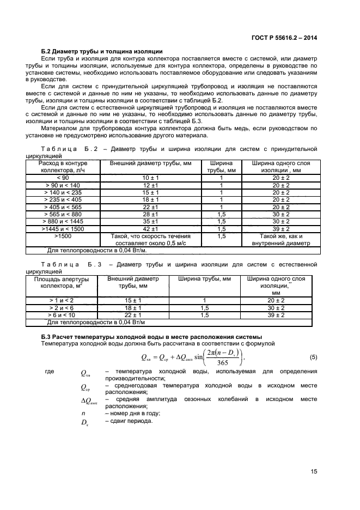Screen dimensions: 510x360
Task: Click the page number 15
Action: (314, 472)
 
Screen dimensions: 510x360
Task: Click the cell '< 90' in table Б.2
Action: (63, 178)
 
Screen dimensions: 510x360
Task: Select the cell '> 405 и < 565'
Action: (63, 207)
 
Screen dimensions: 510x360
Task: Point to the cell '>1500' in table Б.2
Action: (63, 236)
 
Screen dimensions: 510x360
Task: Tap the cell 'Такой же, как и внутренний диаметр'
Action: (281, 240)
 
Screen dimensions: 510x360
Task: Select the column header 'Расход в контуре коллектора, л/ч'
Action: (63, 166)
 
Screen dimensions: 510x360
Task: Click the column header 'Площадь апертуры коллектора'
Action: (58, 282)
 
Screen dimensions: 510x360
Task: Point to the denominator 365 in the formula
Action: (206, 362)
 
